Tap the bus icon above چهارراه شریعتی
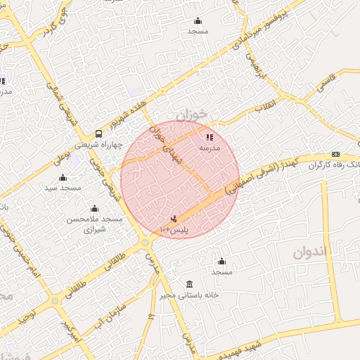coord(98,134)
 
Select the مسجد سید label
coord(63,188)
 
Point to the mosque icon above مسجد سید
coord(62,177)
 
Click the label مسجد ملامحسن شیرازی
coord(94,224)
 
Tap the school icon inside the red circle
coord(210,136)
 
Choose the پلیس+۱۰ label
coord(175,229)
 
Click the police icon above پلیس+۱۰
coord(174,219)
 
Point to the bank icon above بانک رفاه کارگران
coord(335,155)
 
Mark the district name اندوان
coord(307,253)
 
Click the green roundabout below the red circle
coord(145,243)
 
